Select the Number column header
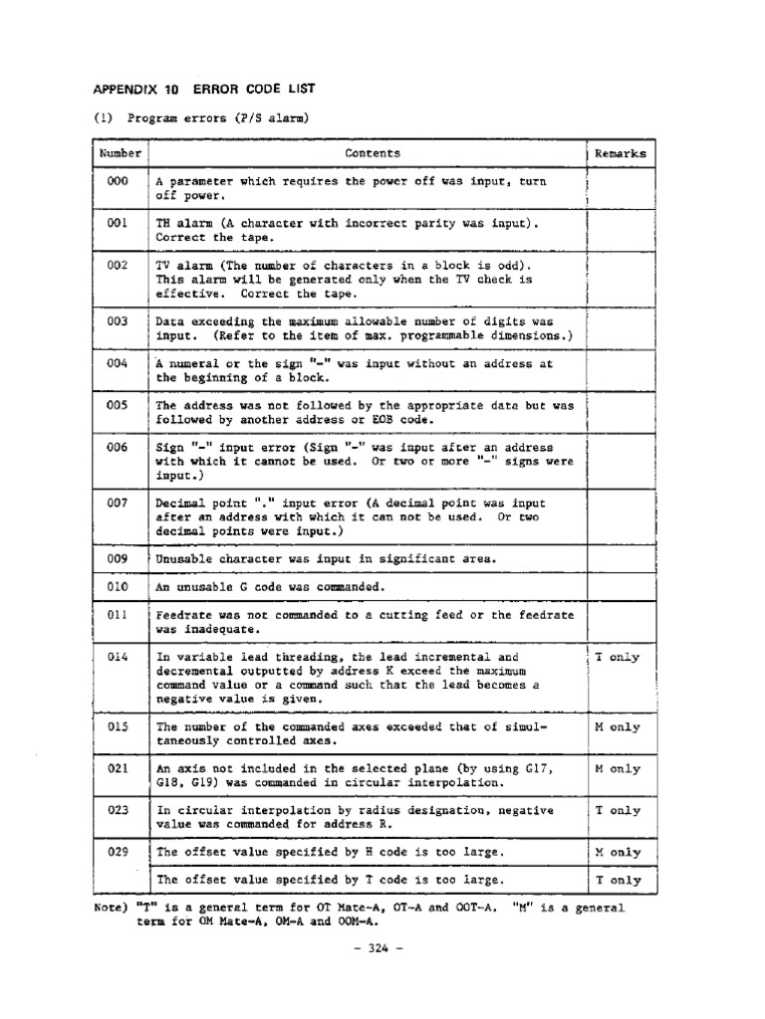point(120,153)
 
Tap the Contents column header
point(373,153)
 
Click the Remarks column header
point(620,153)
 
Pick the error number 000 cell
point(119,182)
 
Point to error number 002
point(119,266)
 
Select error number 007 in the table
point(119,504)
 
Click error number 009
point(119,558)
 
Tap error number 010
point(119,587)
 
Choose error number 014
point(119,658)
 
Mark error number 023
point(119,811)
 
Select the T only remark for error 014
point(618,658)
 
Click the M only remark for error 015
point(618,727)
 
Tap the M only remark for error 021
point(618,769)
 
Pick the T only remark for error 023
point(618,811)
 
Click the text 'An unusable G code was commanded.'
point(269,587)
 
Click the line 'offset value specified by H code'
point(329,853)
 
